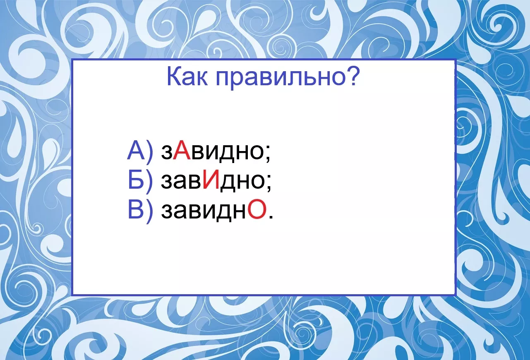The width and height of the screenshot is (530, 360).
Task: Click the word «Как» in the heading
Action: pos(187,77)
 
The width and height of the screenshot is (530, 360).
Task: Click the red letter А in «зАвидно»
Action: pos(182,150)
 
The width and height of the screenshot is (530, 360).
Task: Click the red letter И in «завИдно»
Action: pos(211,180)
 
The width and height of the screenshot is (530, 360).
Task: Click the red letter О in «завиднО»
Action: pos(257,209)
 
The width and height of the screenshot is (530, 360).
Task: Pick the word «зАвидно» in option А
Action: pos(212,152)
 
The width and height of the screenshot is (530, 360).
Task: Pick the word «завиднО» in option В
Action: pos(214,211)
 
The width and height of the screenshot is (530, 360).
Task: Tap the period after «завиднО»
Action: pos(271,216)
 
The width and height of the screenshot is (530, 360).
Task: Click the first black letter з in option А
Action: pos(166,152)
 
